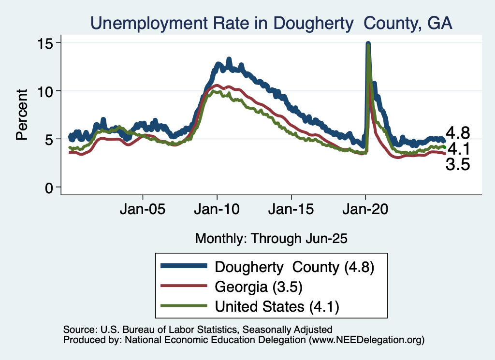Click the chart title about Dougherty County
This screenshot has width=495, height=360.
271,23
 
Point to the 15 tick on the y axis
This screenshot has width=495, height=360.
47,43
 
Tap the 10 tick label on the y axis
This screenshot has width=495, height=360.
47,91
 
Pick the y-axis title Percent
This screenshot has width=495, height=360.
22,114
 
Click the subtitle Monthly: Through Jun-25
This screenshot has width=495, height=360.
271,238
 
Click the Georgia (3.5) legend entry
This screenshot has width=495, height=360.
259,287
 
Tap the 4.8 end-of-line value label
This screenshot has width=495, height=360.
458,133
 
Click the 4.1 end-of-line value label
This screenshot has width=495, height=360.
458,148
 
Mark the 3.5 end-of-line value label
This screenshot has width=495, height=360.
458,165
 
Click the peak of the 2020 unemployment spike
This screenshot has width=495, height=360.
368,44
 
